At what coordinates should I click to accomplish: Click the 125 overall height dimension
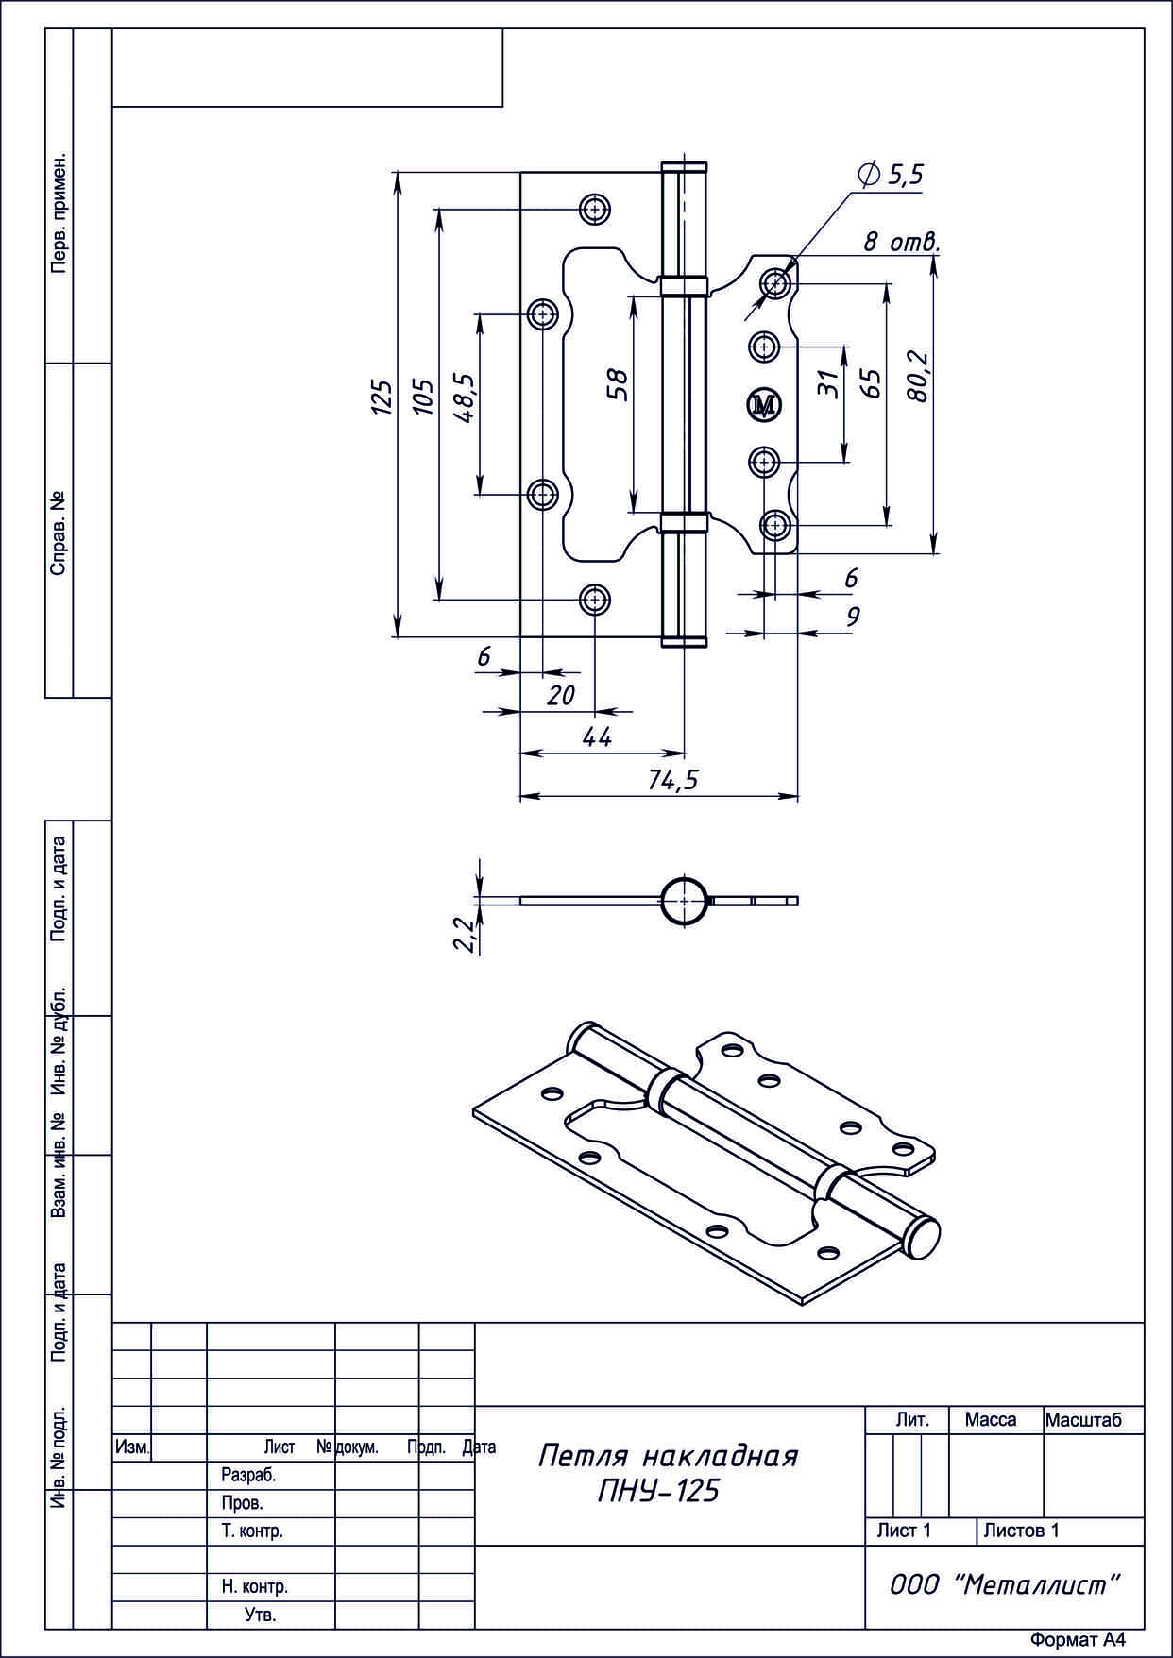(380, 398)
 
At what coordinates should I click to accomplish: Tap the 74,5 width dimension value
(673, 779)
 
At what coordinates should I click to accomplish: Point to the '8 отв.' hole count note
(902, 242)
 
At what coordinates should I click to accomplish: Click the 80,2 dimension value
(916, 378)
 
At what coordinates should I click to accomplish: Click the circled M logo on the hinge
(764, 405)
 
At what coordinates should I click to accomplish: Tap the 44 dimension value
(597, 737)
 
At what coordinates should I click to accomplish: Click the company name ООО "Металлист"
(1004, 1586)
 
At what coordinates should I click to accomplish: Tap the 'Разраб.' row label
(247, 1475)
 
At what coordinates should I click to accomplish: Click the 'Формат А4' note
(1078, 1640)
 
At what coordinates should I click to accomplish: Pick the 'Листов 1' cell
(1021, 1531)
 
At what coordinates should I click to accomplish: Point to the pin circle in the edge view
(682, 901)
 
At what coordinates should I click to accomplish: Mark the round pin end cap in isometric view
(923, 1239)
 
